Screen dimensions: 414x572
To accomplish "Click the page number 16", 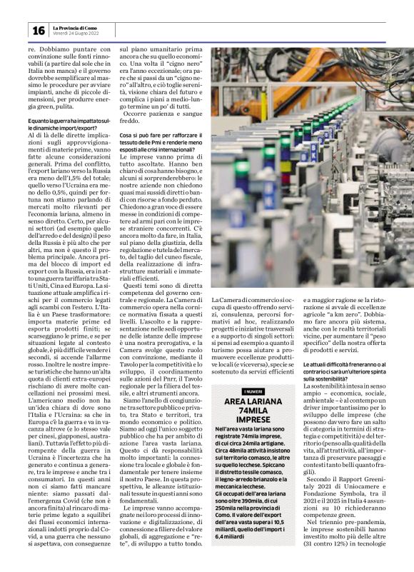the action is point(38,30).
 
